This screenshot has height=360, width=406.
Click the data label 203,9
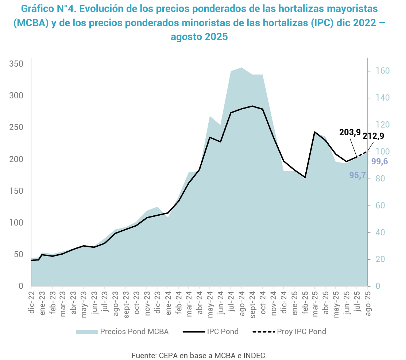click(x=350, y=133)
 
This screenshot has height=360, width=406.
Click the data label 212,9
click(x=373, y=136)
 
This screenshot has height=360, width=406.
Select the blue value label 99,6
click(x=379, y=161)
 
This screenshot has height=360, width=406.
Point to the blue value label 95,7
click(x=357, y=175)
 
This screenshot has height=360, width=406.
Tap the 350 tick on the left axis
click(x=16, y=64)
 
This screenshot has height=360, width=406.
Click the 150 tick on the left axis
click(x=16, y=191)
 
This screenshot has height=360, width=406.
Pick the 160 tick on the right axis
click(x=378, y=71)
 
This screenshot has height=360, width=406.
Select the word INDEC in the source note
click(x=256, y=355)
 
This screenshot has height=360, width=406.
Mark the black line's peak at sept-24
click(x=252, y=106)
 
